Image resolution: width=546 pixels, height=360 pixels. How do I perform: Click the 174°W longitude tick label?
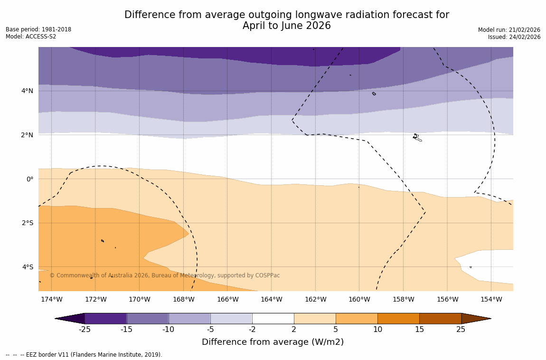[51, 299]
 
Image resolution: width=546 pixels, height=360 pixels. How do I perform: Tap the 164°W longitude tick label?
[271, 299]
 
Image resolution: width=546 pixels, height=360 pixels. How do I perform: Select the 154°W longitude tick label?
[491, 299]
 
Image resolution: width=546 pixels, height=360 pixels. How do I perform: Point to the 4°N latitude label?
[27, 91]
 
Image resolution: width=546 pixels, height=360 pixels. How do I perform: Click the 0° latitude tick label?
[29, 179]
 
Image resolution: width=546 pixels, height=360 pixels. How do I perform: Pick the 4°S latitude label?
[27, 267]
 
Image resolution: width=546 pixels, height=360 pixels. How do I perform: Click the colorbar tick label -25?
[85, 330]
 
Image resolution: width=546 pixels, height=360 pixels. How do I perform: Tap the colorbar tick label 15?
[419, 330]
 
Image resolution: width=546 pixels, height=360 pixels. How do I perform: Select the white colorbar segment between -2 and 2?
[273, 318]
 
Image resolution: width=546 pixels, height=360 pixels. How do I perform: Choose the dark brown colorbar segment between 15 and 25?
[440, 318]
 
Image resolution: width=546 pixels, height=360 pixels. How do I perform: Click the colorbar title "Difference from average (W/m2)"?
[273, 342]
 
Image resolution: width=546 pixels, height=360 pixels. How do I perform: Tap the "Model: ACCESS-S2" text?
[31, 37]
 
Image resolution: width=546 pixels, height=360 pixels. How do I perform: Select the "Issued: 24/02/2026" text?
[514, 37]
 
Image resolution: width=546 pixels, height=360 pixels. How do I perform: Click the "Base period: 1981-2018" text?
[38, 29]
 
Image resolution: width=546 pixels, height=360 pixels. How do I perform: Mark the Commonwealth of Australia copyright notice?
[165, 275]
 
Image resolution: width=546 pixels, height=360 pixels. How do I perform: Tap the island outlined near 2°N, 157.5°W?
[417, 138]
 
